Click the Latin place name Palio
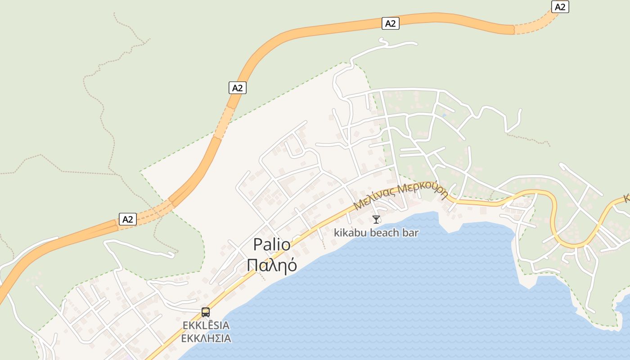(272, 244)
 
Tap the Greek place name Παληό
(272, 265)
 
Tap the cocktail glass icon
(376, 220)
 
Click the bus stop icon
(206, 312)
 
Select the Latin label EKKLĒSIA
(206, 325)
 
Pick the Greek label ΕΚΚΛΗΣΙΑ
(206, 338)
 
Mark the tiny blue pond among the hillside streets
(444, 116)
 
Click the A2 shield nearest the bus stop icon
(128, 219)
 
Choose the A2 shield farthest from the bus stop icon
(560, 7)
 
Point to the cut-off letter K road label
(626, 198)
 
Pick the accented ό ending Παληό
(292, 265)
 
